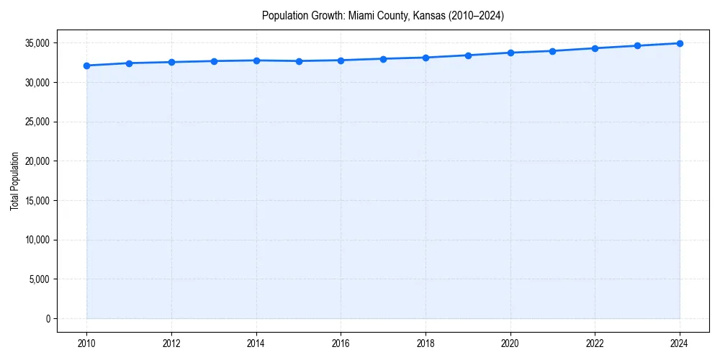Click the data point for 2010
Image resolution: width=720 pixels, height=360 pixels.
pyautogui.click(x=86, y=66)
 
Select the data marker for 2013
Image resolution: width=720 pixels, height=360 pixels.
pyautogui.click(x=214, y=61)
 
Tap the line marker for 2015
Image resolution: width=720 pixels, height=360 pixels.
pyautogui.click(x=299, y=61)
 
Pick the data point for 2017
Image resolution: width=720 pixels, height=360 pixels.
pyautogui.click(x=383, y=59)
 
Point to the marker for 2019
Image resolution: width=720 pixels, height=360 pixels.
pyautogui.click(x=468, y=55)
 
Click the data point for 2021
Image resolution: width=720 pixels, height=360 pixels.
pyautogui.click(x=552, y=51)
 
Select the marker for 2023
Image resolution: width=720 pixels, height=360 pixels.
pyautogui.click(x=637, y=45)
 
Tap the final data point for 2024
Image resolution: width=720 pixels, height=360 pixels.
pyautogui.click(x=680, y=43)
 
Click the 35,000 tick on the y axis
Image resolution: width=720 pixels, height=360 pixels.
pyautogui.click(x=37, y=43)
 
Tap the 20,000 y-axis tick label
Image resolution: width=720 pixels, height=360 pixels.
pyautogui.click(x=37, y=161)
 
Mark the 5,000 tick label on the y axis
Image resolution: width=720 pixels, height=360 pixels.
pyautogui.click(x=39, y=279)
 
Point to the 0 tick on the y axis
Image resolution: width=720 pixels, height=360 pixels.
pyautogui.click(x=48, y=318)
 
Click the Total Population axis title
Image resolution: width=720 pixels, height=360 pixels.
pyautogui.click(x=14, y=181)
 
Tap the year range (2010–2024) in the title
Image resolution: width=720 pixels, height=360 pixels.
pyautogui.click(x=475, y=15)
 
